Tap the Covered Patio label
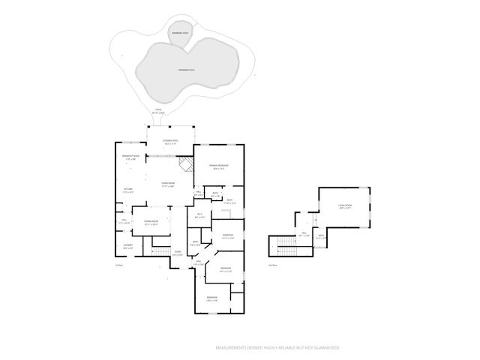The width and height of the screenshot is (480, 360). [170, 142]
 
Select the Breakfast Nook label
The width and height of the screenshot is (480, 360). [130, 157]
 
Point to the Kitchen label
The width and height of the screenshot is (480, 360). [127, 191]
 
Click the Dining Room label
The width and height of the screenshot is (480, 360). [151, 223]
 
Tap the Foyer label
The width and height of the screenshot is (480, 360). [178, 253]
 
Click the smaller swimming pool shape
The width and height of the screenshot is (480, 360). [181, 34]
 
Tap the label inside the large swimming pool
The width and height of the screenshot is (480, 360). [187, 70]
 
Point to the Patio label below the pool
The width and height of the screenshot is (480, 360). [159, 111]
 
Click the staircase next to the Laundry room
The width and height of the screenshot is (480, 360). [160, 247]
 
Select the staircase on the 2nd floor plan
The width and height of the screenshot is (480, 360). [285, 245]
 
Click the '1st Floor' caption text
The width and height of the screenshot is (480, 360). [118, 265]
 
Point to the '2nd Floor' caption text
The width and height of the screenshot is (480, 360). [273, 265]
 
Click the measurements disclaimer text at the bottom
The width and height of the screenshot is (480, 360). [277, 348]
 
